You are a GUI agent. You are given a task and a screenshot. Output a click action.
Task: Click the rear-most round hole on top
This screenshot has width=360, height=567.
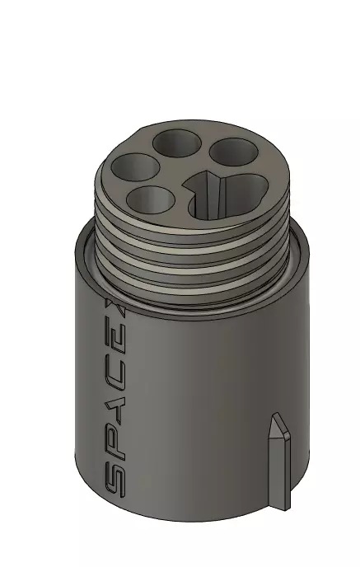(x=176, y=143)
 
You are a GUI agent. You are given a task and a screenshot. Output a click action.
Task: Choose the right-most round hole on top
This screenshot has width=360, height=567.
(x=233, y=152)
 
